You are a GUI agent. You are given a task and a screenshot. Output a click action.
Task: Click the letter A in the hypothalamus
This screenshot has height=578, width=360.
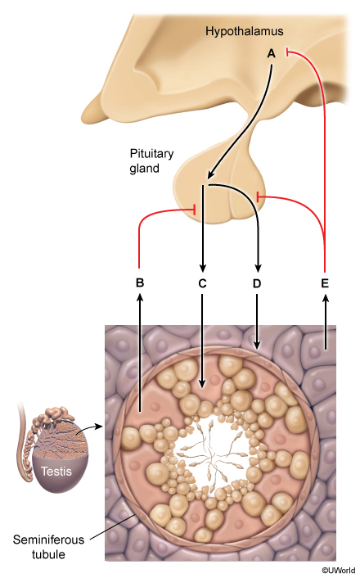[271, 54]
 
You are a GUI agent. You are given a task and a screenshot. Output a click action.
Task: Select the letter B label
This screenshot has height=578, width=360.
[140, 282]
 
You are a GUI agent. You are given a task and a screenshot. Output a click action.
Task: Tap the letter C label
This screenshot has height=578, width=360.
[202, 283]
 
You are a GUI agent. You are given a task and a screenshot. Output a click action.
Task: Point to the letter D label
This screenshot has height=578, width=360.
[257, 283]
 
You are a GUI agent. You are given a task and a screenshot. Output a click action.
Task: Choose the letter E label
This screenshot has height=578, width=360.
[325, 283]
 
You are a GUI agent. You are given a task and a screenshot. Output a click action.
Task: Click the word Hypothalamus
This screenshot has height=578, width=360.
[245, 31]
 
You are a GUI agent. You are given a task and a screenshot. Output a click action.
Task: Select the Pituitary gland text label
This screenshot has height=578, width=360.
[151, 160]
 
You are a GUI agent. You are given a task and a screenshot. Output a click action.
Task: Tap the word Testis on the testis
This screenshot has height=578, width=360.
[56, 471]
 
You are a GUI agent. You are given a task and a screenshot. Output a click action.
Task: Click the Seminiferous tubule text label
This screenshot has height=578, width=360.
[48, 547]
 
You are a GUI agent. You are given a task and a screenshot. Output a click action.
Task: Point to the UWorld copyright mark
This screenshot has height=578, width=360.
[338, 571]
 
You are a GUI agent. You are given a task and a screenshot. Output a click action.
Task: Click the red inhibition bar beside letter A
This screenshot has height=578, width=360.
[287, 53]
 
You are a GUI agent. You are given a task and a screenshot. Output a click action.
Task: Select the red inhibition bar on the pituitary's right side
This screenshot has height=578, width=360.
[258, 196]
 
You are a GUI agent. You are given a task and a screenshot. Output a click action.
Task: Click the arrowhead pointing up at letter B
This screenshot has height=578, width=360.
[140, 296]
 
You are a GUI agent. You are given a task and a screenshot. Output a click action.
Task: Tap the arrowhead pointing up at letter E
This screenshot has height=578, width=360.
[325, 297]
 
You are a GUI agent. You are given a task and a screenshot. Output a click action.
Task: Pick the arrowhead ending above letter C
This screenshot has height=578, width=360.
[202, 269]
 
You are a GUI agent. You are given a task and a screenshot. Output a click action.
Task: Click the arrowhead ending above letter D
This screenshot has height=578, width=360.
[258, 269]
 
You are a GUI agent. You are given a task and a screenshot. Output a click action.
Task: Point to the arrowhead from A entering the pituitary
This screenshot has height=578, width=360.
[211, 174]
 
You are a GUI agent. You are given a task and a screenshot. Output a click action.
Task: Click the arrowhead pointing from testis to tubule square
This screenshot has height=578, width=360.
[97, 427]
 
